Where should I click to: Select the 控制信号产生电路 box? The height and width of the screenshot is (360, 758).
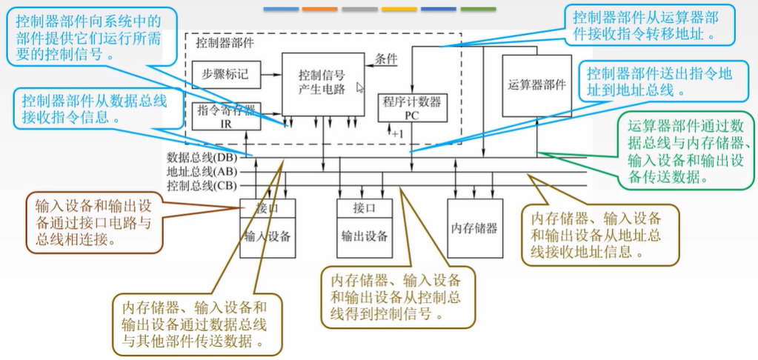click(322, 83)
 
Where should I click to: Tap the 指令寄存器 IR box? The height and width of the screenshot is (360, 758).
click(226, 116)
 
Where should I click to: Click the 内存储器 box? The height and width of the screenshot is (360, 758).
click(473, 228)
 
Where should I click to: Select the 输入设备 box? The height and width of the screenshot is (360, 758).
click(267, 237)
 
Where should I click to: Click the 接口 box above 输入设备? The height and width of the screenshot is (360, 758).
click(267, 208)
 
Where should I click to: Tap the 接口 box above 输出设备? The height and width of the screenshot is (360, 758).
click(364, 208)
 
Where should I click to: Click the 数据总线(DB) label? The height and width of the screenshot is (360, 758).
click(202, 158)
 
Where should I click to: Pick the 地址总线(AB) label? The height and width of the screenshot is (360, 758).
click(202, 171)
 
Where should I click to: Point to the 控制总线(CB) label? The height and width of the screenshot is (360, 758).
click(202, 185)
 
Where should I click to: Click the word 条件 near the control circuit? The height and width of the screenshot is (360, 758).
click(386, 59)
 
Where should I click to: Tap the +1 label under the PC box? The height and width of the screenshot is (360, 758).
click(398, 134)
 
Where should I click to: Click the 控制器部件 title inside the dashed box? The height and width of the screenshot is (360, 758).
click(225, 42)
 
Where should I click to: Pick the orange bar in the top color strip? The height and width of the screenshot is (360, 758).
click(320, 9)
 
